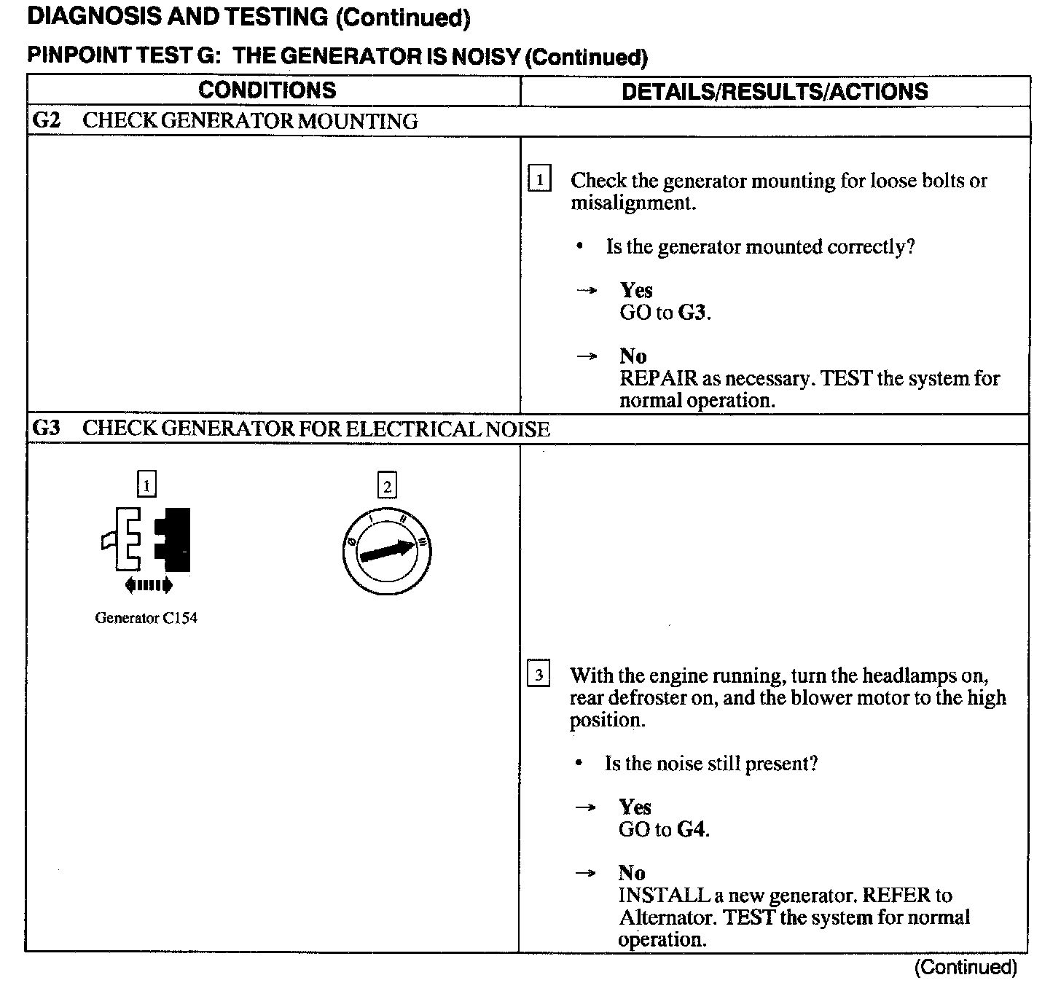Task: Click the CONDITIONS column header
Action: click(267, 90)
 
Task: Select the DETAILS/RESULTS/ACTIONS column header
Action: click(775, 92)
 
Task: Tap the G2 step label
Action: click(47, 120)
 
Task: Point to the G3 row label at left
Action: click(47, 428)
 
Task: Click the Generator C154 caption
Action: click(146, 618)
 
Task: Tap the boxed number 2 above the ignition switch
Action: click(387, 486)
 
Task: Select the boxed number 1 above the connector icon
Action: click(147, 485)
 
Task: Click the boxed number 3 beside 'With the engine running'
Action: click(539, 675)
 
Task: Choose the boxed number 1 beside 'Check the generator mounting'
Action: click(539, 179)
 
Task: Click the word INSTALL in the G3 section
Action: click(664, 895)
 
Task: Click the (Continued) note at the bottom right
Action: click(966, 967)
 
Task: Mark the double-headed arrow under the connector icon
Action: click(148, 584)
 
